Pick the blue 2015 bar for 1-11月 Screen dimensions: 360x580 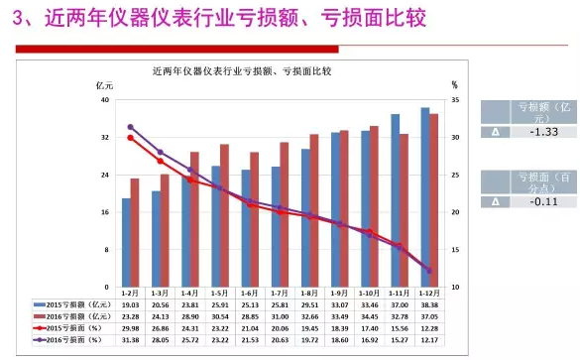coord(395,201)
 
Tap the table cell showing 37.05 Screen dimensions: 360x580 coord(429,316)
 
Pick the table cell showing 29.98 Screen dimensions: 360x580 coord(130,327)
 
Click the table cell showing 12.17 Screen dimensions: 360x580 coord(429,339)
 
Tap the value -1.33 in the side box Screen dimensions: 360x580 coord(537,131)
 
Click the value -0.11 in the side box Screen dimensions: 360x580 coord(537,201)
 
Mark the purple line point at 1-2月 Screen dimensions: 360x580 coord(130,127)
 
